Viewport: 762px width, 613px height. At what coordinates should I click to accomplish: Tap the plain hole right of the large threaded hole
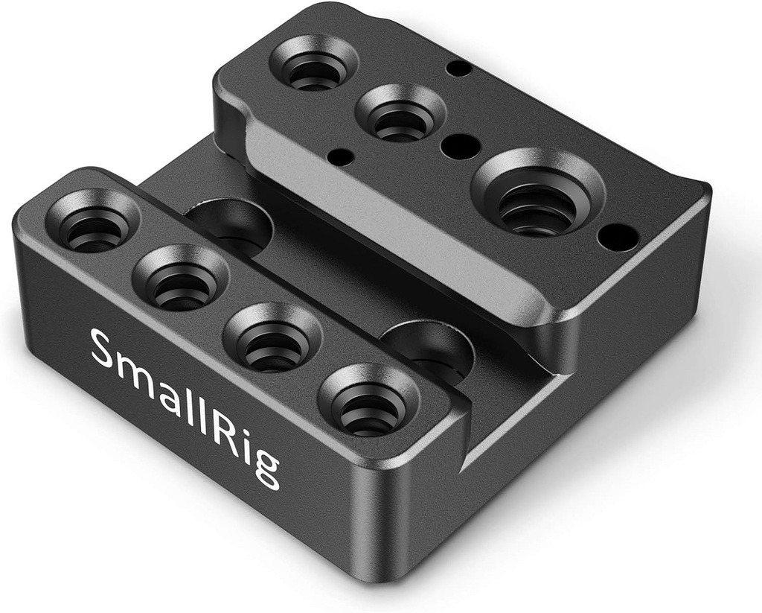pos(618,237)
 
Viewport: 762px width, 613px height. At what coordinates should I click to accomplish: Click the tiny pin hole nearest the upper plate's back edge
pos(459,69)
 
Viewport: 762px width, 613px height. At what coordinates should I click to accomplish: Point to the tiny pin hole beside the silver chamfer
pos(341,156)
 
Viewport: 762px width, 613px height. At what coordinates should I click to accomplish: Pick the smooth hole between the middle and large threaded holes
pos(460,145)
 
